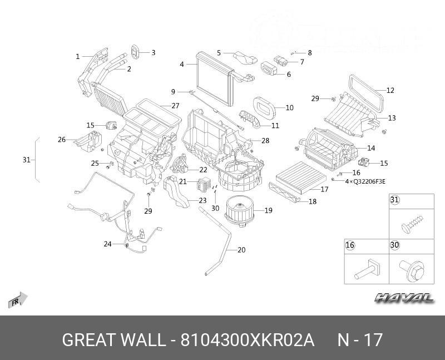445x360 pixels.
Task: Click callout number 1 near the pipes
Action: pyautogui.click(x=78, y=56)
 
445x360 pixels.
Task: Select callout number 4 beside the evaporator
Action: pyautogui.click(x=181, y=65)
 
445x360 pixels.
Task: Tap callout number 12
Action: pyautogui.click(x=390, y=90)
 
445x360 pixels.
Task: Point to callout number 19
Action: pyautogui.click(x=268, y=210)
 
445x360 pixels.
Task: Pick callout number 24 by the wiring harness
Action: pyautogui.click(x=107, y=244)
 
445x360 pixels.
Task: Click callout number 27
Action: pyautogui.click(x=175, y=106)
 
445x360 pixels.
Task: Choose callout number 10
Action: pyautogui.click(x=290, y=107)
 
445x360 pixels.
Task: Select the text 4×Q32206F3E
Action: pyautogui.click(x=365, y=181)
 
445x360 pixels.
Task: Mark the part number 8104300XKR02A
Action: pyautogui.click(x=248, y=339)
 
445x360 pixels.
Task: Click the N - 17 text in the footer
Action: pyautogui.click(x=360, y=339)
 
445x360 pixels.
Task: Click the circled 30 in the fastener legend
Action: pyautogui.click(x=394, y=245)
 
